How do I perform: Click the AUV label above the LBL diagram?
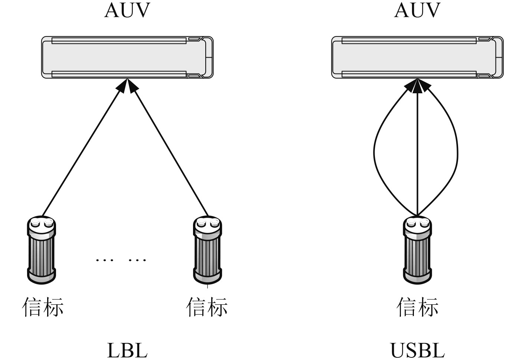click(x=127, y=10)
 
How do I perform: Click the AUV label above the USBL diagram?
click(x=417, y=10)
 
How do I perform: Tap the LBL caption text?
click(x=127, y=350)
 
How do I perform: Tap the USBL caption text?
click(x=417, y=350)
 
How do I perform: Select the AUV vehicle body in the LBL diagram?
click(x=127, y=57)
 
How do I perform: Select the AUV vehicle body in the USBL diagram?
click(x=417, y=57)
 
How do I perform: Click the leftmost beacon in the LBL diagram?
click(x=41, y=250)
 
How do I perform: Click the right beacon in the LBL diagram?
click(x=208, y=250)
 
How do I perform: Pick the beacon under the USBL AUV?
click(x=417, y=250)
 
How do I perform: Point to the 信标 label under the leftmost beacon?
click(x=43, y=307)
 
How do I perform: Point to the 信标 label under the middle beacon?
click(x=207, y=307)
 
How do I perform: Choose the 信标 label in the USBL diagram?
click(x=417, y=307)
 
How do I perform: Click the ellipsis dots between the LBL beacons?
click(x=121, y=259)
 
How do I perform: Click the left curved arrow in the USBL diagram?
click(x=374, y=152)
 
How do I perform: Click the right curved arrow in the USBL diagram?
click(x=457, y=152)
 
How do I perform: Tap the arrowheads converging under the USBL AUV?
click(x=418, y=87)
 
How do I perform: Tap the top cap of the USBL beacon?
click(x=417, y=223)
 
